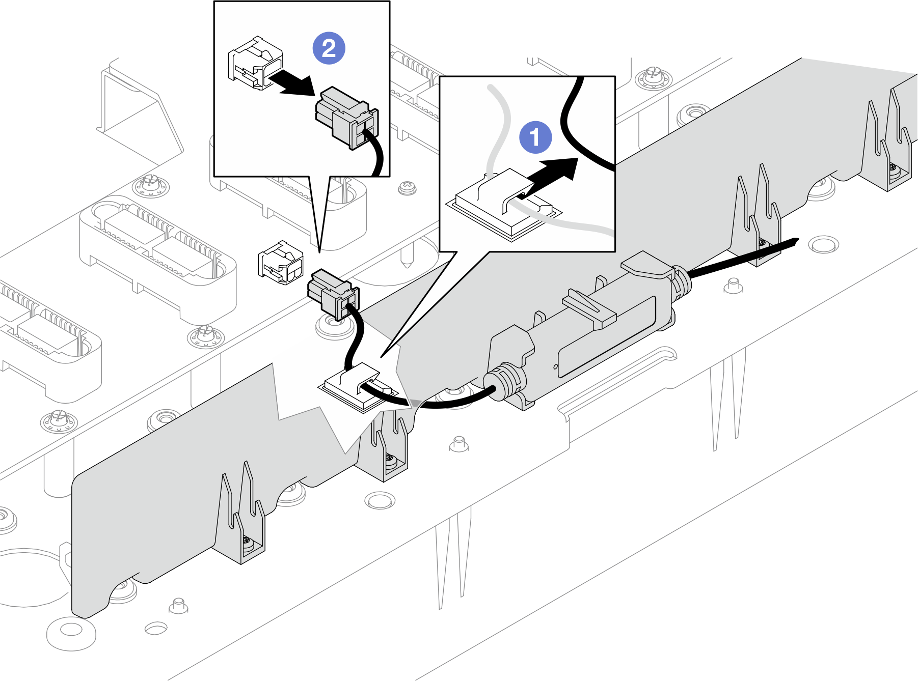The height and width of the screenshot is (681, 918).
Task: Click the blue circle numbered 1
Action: [x=535, y=137]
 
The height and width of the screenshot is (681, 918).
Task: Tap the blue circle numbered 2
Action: [x=329, y=48]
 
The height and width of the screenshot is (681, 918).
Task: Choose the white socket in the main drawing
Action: [x=280, y=262]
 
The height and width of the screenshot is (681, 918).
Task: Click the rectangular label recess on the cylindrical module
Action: [x=606, y=336]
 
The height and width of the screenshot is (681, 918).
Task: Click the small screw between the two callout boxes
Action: [x=407, y=188]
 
